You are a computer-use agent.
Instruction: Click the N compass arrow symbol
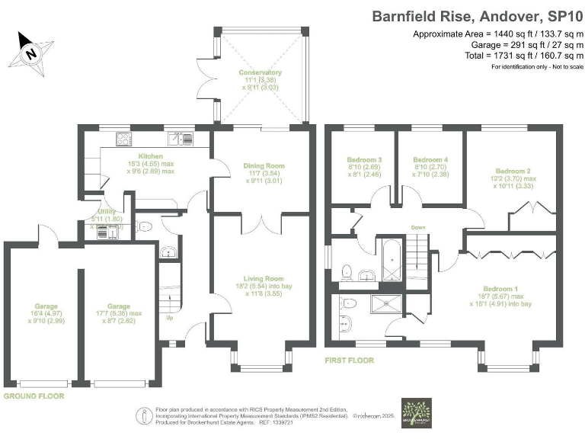click(30, 52)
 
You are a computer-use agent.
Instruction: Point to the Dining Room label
click(264, 165)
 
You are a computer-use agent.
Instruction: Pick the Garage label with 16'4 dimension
click(40, 306)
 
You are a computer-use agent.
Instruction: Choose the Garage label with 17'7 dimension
click(107, 306)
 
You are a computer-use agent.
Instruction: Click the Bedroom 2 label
click(512, 171)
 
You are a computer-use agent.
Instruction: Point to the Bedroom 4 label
click(424, 159)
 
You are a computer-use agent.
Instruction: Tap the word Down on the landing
click(417, 227)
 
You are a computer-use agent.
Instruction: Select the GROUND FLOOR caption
click(34, 396)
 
